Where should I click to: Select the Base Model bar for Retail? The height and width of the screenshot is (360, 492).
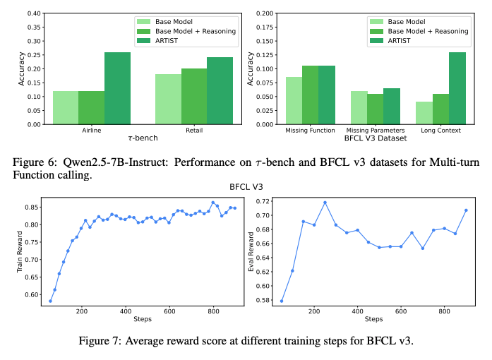168,99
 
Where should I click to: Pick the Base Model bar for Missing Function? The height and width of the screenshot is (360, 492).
294,100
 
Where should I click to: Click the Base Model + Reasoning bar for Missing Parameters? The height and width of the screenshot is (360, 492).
376,109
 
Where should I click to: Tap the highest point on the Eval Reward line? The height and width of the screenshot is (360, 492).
325,203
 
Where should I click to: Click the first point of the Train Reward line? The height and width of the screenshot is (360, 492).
50,301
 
